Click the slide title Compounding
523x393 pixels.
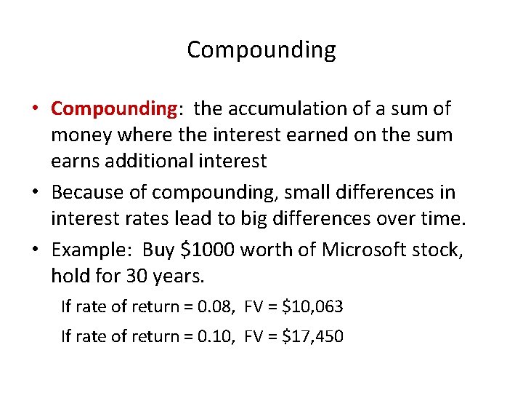pos(261,50)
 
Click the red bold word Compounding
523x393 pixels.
pos(114,109)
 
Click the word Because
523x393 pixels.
pos(86,193)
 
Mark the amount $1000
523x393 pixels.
pos(207,250)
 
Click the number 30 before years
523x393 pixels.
pos(129,276)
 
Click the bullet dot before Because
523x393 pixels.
pos(36,193)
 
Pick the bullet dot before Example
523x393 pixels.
pos(36,250)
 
